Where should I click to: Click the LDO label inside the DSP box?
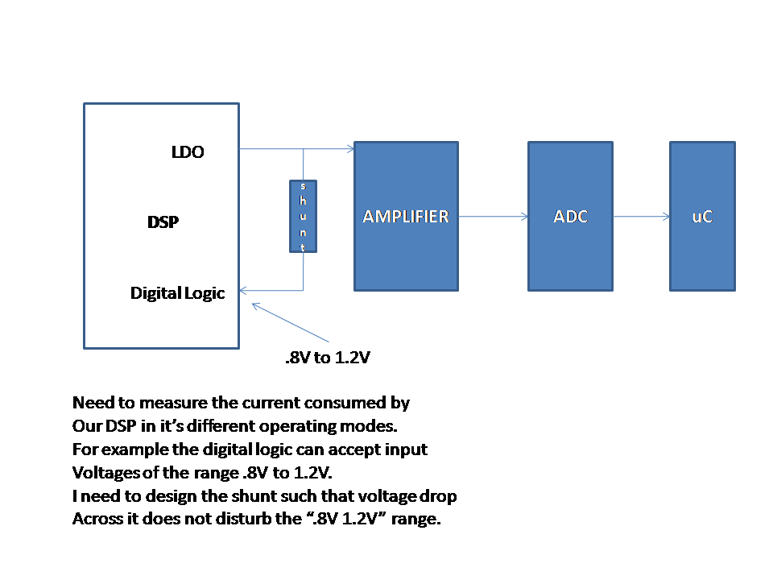click(x=188, y=151)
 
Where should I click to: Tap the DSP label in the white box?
click(x=163, y=222)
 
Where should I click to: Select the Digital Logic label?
click(x=177, y=293)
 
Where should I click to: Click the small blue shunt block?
click(x=303, y=216)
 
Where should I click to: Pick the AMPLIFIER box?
click(x=406, y=216)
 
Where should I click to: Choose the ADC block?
click(x=571, y=216)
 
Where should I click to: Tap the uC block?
click(x=702, y=216)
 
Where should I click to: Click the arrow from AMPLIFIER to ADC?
click(x=493, y=216)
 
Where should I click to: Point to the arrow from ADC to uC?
click(x=641, y=216)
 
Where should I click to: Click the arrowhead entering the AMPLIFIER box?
click(x=350, y=148)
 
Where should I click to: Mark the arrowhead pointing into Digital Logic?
click(x=245, y=290)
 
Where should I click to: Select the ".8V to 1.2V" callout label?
click(x=328, y=358)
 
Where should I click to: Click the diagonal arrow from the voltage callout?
click(x=290, y=322)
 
